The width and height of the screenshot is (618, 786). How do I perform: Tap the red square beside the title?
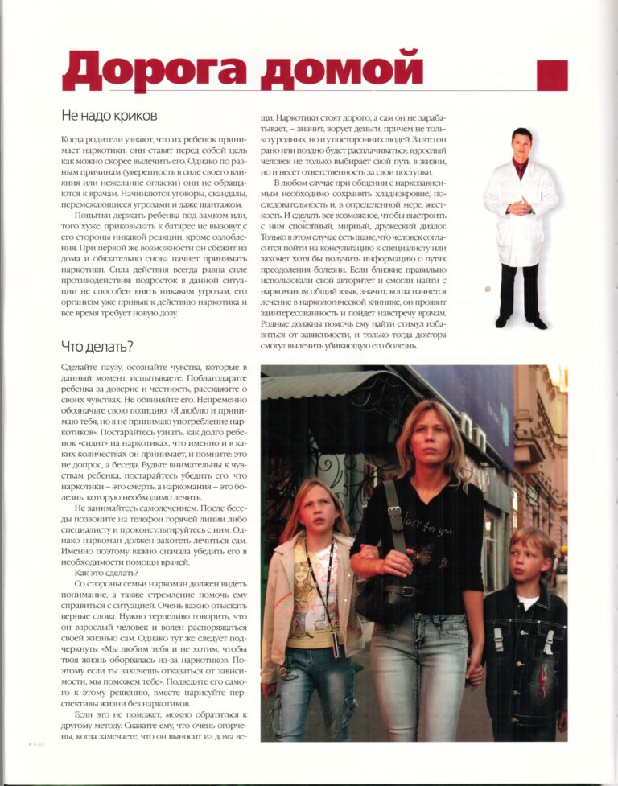[x=552, y=75]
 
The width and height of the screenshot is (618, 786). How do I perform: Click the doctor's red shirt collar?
[x=521, y=166]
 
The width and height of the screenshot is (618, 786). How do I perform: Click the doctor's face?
[x=521, y=145]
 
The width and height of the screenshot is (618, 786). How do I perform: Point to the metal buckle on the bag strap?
[x=395, y=510]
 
